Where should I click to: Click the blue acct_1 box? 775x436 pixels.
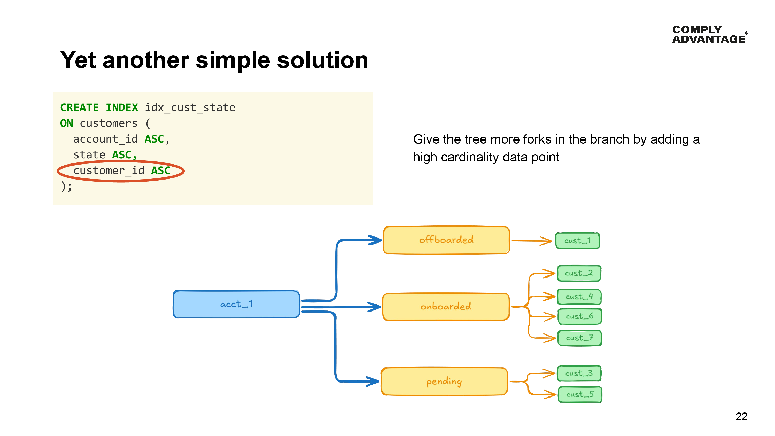click(236, 304)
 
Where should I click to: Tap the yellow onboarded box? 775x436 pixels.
click(446, 307)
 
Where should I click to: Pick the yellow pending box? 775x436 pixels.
click(444, 381)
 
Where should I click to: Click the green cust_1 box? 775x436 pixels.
click(577, 241)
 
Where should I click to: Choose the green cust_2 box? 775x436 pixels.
click(579, 273)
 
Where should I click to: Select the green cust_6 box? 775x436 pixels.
click(579, 316)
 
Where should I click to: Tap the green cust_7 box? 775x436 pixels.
click(579, 338)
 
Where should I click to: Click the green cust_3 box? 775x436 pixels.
click(579, 373)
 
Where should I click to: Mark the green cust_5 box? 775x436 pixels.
click(580, 394)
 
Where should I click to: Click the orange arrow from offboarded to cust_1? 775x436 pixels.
click(531, 241)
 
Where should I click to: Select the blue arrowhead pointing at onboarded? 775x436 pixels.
click(375, 307)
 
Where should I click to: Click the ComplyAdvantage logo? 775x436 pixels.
click(710, 34)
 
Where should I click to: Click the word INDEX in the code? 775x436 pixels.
click(121, 107)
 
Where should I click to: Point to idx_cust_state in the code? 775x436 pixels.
click(190, 107)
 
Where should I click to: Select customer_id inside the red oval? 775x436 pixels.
click(109, 171)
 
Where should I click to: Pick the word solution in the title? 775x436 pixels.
click(322, 60)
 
